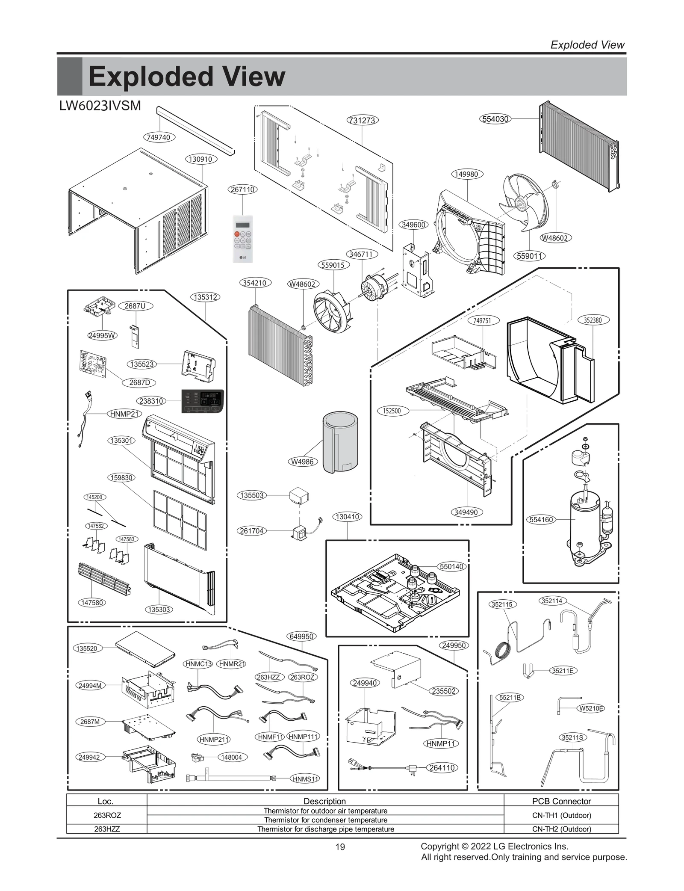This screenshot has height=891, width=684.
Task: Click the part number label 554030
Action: pos(495,119)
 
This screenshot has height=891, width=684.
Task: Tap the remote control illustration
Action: pos(243,238)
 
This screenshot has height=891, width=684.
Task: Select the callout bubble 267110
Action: pos(243,189)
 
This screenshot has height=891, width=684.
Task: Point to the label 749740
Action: pos(159,137)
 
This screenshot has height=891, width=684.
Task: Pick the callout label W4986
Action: pos(302,462)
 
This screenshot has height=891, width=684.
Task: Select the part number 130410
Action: pos(347,517)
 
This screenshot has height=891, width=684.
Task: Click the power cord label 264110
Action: pos(442,768)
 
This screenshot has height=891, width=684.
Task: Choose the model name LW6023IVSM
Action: pos(100,106)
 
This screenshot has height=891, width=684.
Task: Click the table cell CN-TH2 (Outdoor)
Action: pos(561,829)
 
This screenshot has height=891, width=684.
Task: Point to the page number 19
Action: pos(340,847)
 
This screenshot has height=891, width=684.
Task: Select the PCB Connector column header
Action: pos(561,801)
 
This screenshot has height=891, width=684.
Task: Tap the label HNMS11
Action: pos(306,779)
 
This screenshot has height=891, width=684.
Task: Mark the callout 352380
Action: pos(593,320)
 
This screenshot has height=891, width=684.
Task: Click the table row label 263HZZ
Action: pos(107,829)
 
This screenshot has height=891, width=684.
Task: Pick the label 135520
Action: pos(87,648)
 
